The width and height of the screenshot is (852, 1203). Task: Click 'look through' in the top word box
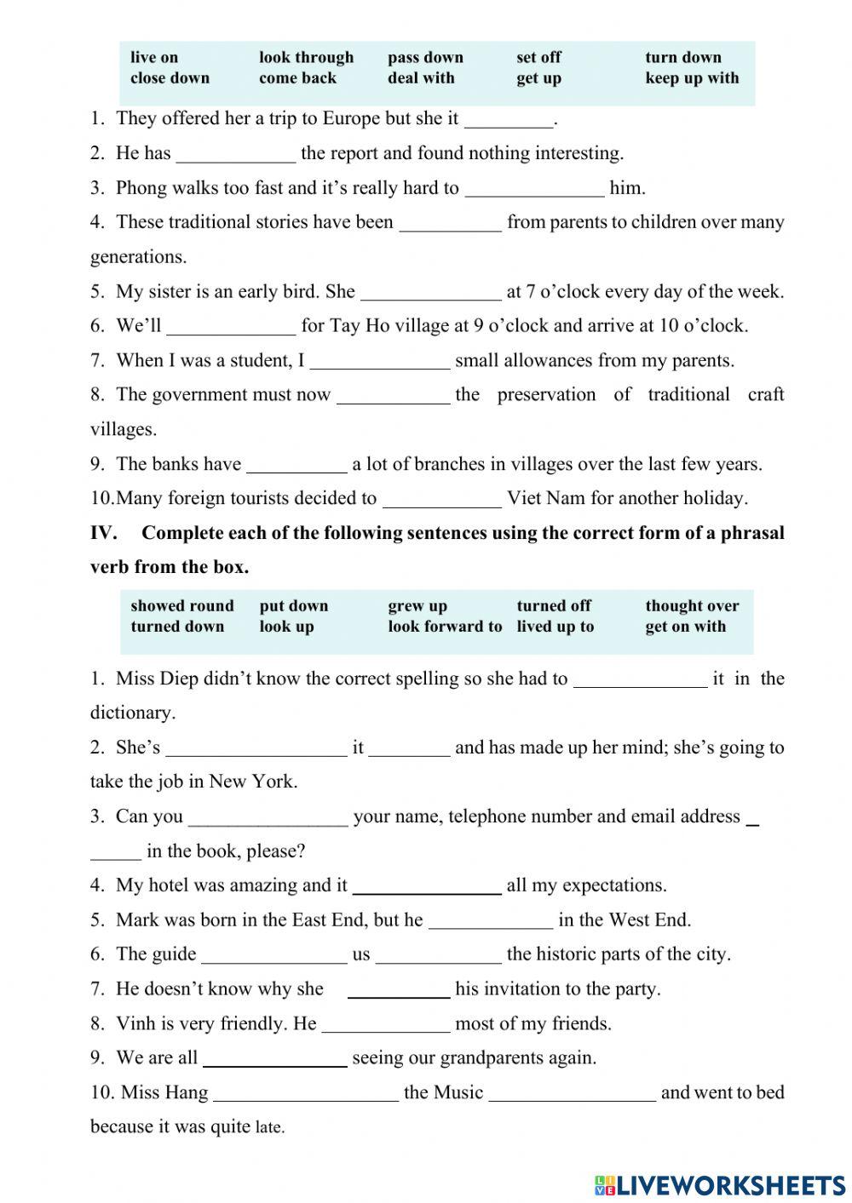point(306,57)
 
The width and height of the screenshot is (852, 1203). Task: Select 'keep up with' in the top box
point(692,78)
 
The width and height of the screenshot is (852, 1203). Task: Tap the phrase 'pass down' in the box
point(425,57)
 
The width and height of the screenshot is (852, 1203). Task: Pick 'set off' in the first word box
point(538,57)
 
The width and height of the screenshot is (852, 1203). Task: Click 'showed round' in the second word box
point(181,605)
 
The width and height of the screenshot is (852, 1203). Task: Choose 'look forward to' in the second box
point(445,627)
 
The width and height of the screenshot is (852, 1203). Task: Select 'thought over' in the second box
point(692,605)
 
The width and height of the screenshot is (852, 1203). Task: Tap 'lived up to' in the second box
point(555,627)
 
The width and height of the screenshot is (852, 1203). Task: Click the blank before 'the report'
point(235,155)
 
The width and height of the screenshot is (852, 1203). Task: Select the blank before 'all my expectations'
point(427,887)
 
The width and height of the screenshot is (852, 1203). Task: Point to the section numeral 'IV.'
point(103,533)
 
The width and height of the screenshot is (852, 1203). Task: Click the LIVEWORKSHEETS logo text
point(730,1184)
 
